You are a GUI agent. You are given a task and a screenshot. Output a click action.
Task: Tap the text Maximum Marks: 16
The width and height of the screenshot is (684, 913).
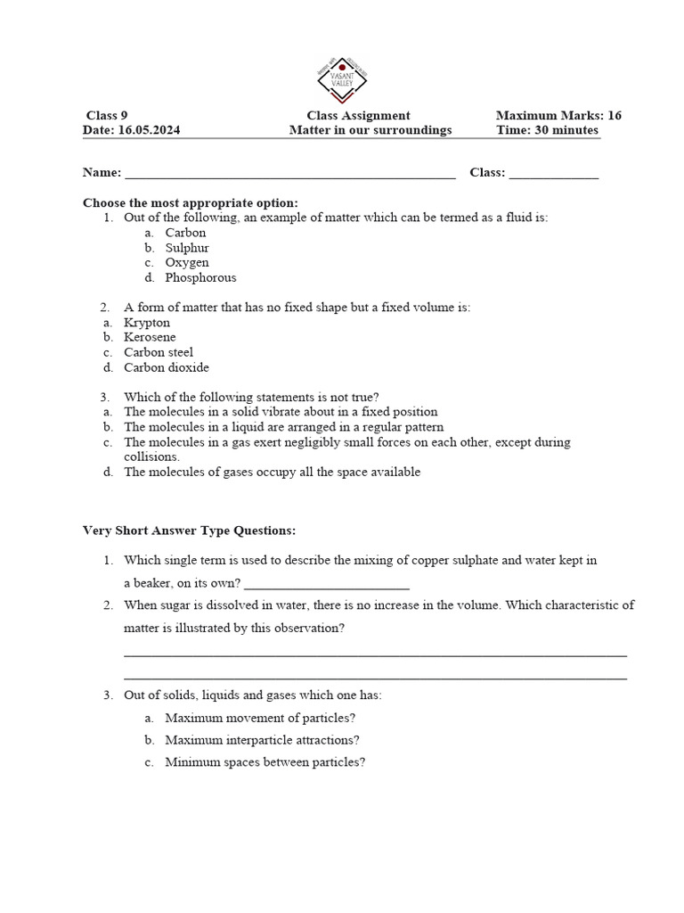558,115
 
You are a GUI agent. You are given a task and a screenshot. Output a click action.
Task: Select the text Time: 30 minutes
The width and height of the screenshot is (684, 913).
547,130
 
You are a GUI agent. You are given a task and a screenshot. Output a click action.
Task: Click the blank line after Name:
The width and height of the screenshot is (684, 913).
290,174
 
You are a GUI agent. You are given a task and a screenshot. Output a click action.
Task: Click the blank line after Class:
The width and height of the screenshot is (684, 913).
553,174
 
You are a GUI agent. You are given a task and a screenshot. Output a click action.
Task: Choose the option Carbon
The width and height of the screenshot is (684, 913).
185,233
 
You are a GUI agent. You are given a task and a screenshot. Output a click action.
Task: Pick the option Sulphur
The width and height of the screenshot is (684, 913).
187,248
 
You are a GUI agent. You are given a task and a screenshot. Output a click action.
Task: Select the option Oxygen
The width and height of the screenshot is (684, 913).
187,263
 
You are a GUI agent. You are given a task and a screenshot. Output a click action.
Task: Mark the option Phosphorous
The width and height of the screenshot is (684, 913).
200,278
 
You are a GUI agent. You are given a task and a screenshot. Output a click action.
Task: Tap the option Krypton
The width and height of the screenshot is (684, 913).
147,323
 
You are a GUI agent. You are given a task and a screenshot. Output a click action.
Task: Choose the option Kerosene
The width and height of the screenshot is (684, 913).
150,338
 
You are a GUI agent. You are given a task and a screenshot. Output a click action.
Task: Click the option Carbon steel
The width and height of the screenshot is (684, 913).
159,352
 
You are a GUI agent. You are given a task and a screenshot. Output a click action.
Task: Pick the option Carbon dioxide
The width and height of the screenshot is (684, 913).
167,367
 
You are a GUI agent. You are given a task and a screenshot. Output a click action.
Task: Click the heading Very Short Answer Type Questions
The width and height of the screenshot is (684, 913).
189,531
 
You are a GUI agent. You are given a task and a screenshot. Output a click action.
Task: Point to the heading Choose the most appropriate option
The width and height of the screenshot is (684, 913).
191,202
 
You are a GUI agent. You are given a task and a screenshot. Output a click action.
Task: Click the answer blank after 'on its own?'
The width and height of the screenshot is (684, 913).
326,585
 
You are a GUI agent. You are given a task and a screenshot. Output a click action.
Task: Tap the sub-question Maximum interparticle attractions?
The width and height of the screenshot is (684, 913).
263,740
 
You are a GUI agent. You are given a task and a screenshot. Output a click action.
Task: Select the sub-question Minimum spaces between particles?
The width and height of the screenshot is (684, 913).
265,762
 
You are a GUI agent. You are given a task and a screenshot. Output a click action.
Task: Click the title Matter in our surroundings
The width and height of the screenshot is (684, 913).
370,130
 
